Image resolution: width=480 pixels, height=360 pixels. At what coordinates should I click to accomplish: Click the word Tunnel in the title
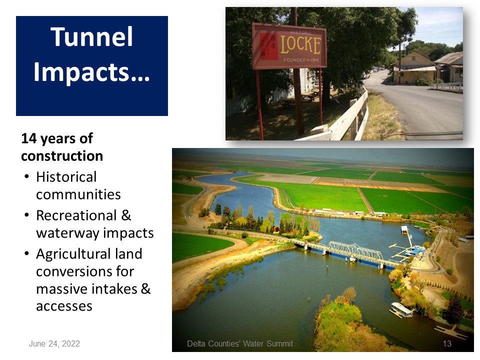(92, 36)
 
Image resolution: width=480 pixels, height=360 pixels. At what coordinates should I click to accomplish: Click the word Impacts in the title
(91, 72)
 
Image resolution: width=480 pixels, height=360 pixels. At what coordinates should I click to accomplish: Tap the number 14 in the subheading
(29, 138)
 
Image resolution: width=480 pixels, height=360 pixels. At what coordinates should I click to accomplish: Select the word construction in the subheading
(62, 156)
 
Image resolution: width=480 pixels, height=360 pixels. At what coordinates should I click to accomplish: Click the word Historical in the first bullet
(66, 177)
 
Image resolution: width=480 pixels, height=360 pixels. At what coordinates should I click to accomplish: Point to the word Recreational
(76, 215)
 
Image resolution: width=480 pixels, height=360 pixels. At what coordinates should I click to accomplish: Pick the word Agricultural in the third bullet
(89, 254)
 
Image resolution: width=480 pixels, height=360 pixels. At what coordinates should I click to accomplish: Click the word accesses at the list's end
(64, 306)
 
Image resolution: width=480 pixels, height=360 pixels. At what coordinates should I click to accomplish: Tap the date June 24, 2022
(54, 344)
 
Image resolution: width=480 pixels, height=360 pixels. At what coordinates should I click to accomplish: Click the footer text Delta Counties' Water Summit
(240, 344)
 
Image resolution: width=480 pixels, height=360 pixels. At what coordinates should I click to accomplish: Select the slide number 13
(447, 344)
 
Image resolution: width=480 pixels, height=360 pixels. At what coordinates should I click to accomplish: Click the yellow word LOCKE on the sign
(300, 45)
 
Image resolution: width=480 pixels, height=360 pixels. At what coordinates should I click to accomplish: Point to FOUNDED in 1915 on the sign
(301, 60)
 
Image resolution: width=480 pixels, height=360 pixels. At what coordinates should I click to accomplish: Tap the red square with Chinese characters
(268, 46)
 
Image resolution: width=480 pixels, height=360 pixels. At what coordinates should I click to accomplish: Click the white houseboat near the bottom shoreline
(401, 310)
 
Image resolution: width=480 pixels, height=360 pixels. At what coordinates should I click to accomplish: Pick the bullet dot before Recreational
(27, 215)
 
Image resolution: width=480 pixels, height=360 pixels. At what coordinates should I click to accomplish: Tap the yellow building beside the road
(414, 69)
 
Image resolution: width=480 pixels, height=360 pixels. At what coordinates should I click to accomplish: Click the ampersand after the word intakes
(145, 288)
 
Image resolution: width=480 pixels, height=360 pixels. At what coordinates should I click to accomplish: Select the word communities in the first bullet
(78, 194)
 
